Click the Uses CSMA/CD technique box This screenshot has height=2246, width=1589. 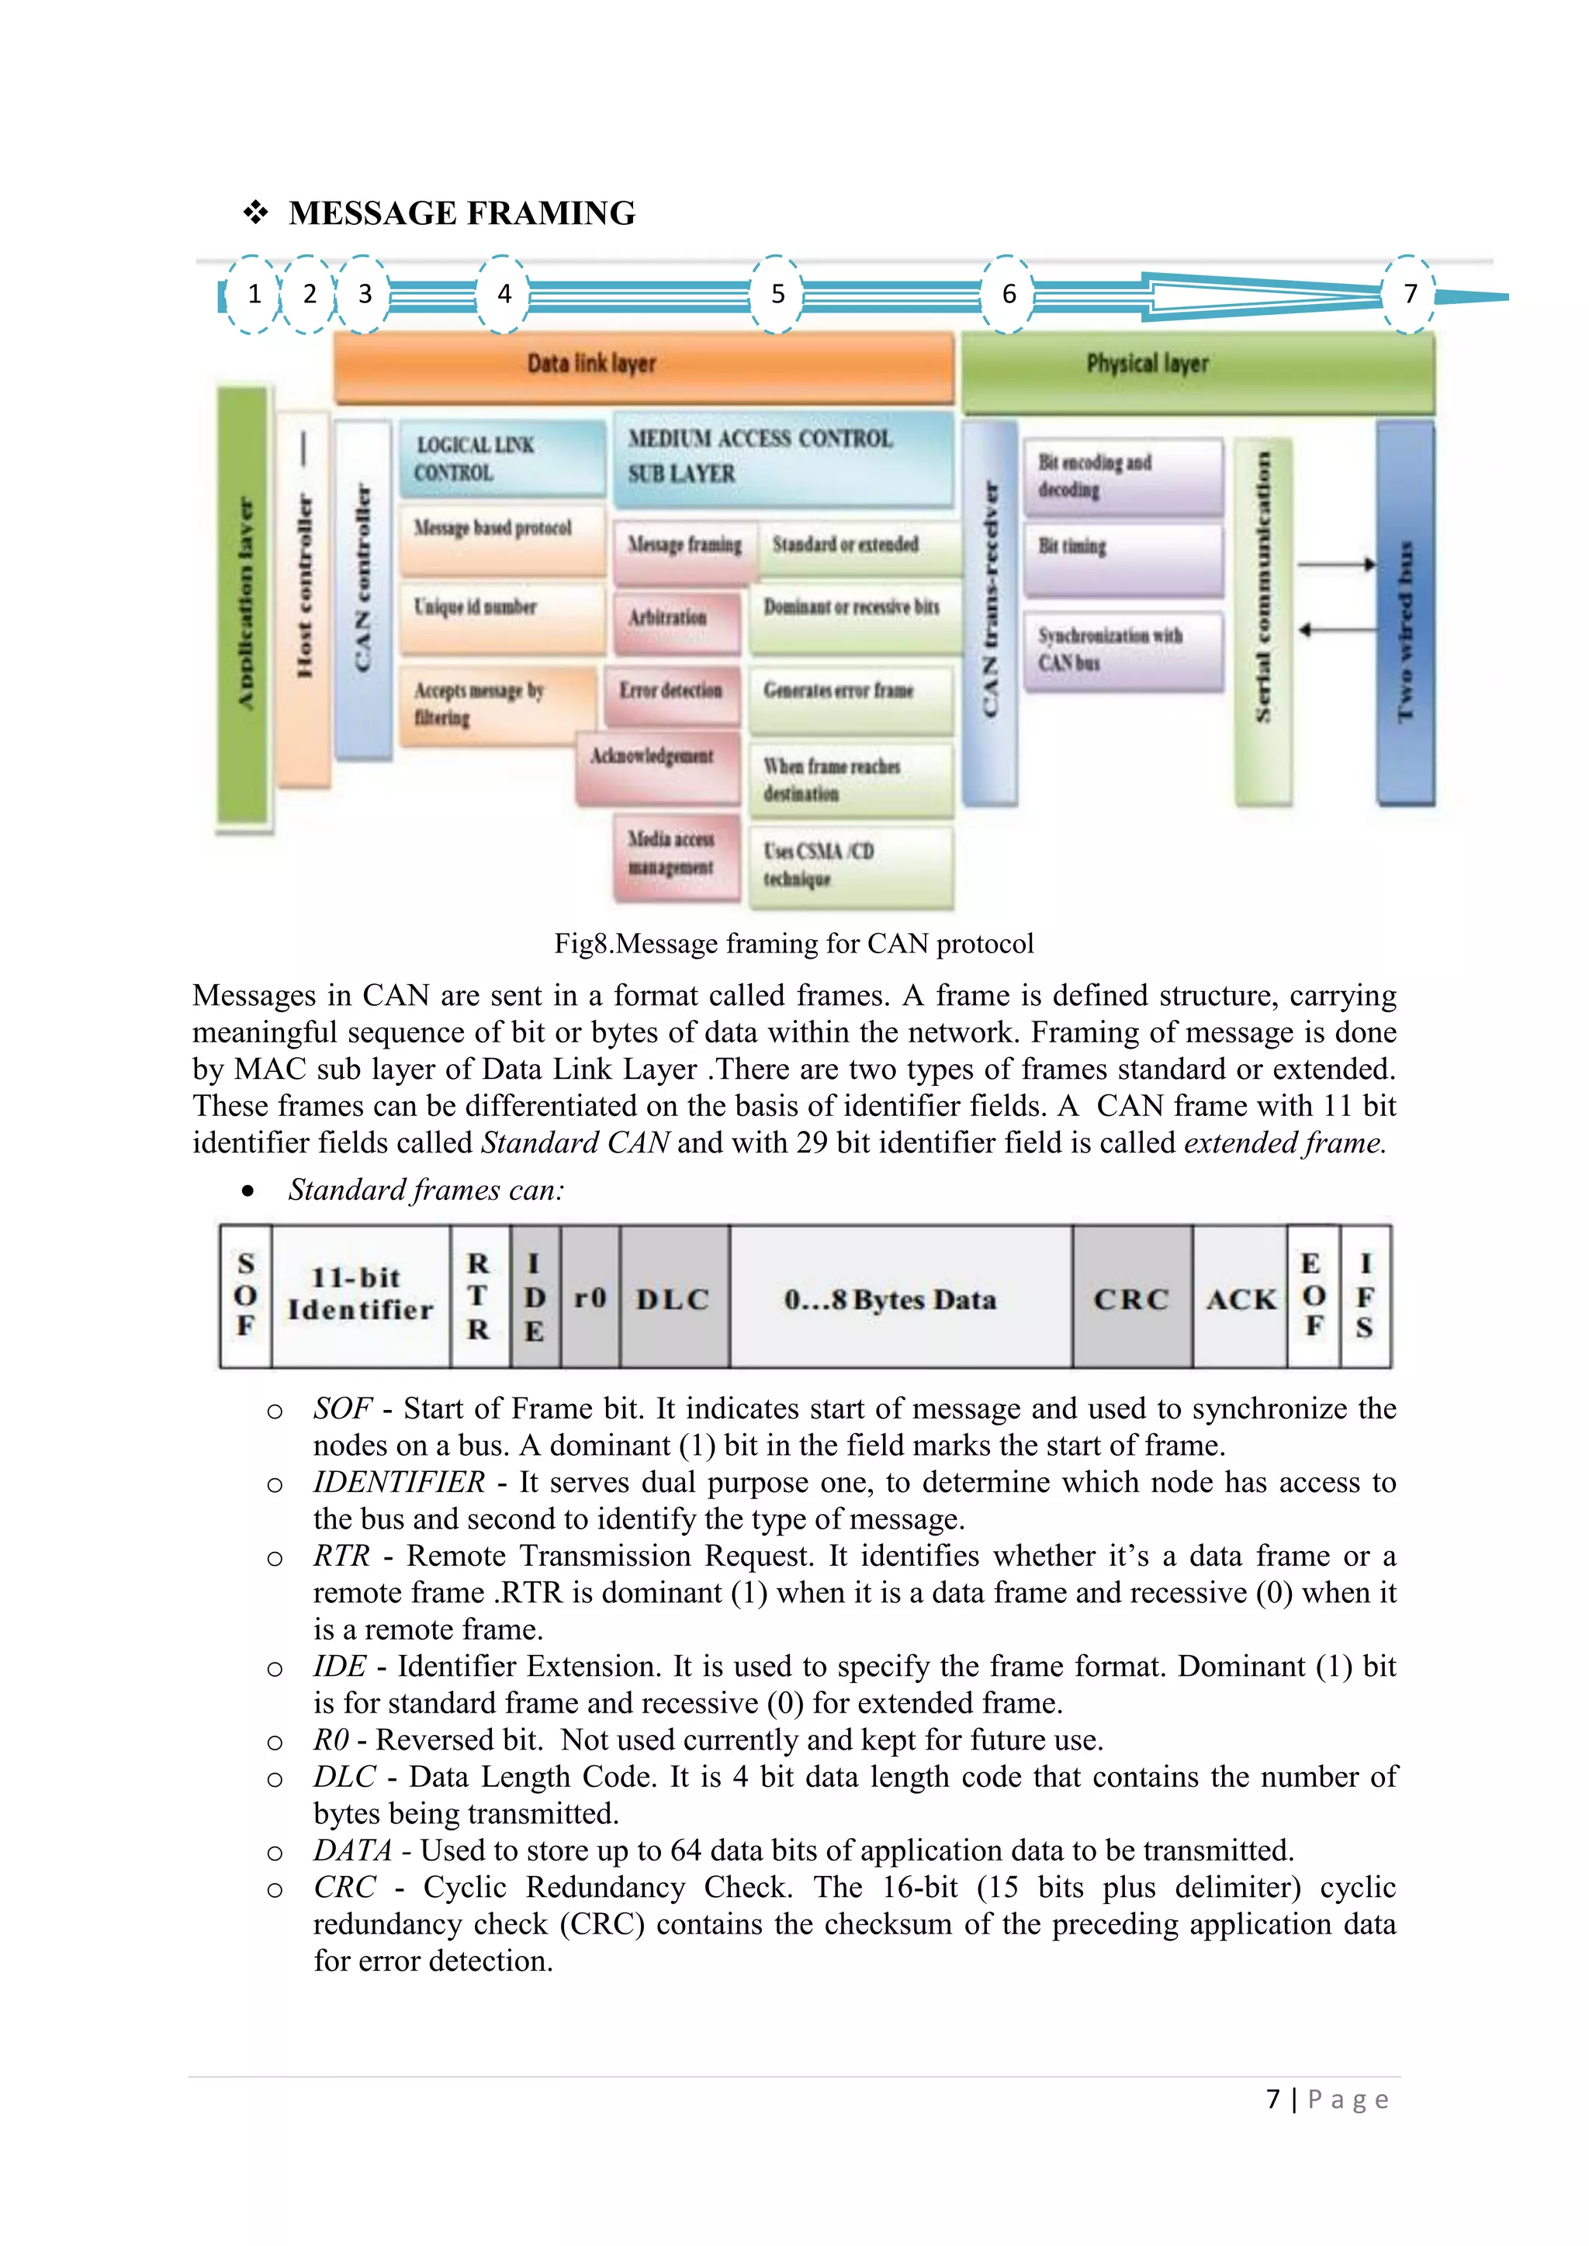tap(850, 866)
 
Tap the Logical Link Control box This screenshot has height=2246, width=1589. tap(502, 458)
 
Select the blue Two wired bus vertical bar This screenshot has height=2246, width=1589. tap(1405, 613)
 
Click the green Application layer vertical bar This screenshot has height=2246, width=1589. tap(243, 603)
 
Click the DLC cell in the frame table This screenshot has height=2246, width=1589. tap(674, 1298)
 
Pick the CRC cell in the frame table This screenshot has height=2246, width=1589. tap(1132, 1298)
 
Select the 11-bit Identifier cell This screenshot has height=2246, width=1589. tap(360, 1295)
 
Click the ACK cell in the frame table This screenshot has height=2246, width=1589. tap(1241, 1298)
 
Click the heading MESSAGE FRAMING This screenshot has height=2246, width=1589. tap(462, 213)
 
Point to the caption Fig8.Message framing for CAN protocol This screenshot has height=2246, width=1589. tap(794, 943)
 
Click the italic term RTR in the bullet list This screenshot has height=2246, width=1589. tap(341, 1557)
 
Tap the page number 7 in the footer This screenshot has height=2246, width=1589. tap(1273, 2099)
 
